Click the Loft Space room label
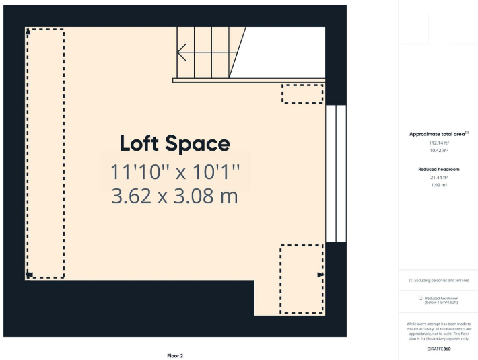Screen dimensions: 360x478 click(x=174, y=143)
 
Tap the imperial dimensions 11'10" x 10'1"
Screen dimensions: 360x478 click(x=174, y=172)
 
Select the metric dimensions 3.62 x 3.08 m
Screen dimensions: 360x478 click(x=174, y=196)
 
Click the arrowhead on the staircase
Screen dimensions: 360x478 click(x=181, y=52)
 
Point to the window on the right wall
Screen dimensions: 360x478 click(x=335, y=173)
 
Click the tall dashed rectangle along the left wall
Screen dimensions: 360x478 click(x=45, y=153)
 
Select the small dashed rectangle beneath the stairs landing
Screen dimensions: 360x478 click(x=302, y=94)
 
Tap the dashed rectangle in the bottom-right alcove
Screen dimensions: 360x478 click(x=302, y=279)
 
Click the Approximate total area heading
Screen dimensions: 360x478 click(x=438, y=134)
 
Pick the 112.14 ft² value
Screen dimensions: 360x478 click(x=438, y=143)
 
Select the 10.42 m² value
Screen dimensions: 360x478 click(x=438, y=151)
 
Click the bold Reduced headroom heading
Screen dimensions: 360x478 click(x=438, y=169)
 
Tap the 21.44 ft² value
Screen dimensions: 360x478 click(x=438, y=178)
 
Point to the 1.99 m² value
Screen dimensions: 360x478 click(x=438, y=185)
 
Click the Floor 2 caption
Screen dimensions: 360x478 click(x=175, y=355)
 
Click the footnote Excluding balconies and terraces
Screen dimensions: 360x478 click(x=438, y=280)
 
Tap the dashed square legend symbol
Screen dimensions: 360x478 click(x=420, y=298)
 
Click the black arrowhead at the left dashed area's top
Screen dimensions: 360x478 click(x=28, y=32)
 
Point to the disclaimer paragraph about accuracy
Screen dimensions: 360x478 click(x=438, y=332)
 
